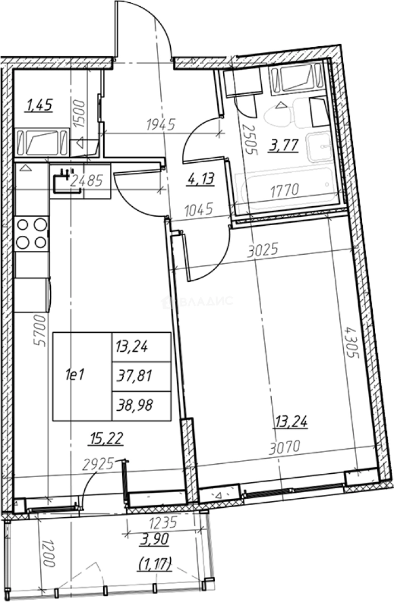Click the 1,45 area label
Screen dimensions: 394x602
(x=39, y=105)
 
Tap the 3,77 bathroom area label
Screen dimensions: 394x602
(x=285, y=146)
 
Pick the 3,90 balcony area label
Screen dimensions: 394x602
(x=155, y=540)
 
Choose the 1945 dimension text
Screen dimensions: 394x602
(x=161, y=124)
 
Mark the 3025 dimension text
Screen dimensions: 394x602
(x=263, y=251)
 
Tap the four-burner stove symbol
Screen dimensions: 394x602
(x=32, y=234)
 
